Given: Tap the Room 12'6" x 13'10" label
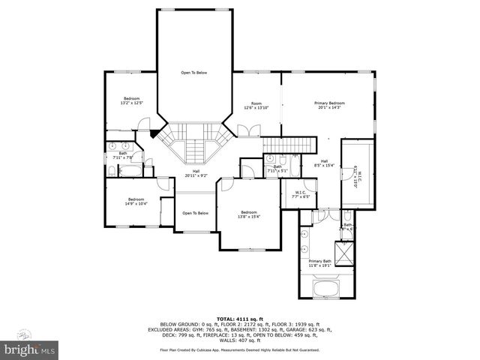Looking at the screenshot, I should [256, 105].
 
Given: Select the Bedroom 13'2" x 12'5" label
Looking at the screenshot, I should [131, 100].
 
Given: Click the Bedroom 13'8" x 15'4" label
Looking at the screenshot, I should [248, 214].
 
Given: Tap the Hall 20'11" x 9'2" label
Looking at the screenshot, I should [196, 173].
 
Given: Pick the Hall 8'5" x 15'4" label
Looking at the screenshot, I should [325, 163].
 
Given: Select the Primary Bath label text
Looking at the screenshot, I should [319, 262].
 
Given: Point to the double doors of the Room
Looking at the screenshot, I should [245, 132].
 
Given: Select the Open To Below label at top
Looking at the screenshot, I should [193, 73].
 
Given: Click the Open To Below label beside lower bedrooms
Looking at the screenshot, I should [195, 213].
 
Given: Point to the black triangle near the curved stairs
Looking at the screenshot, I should [154, 133].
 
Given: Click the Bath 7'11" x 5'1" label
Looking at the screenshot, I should [277, 169].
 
